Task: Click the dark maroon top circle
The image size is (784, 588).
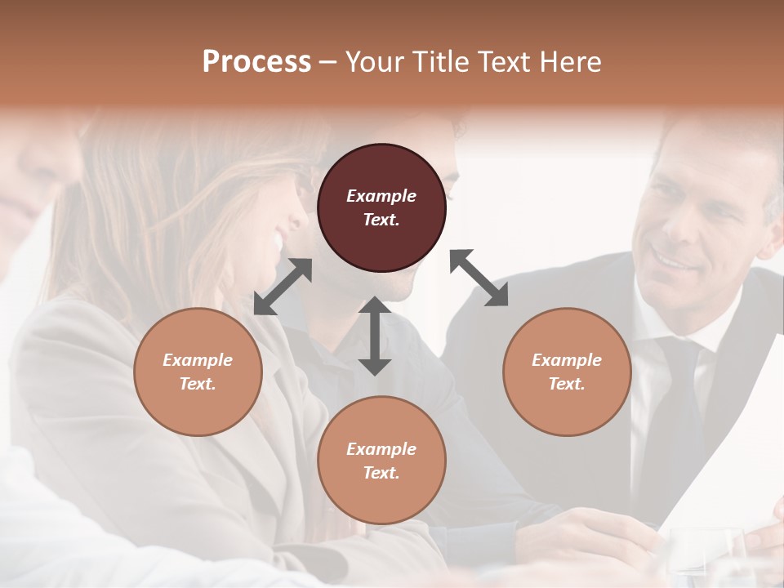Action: pyautogui.click(x=381, y=208)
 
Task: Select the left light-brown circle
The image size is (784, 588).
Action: pyautogui.click(x=198, y=372)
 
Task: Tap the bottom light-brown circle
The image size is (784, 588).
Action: pyautogui.click(x=381, y=461)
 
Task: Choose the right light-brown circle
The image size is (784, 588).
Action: pyautogui.click(x=567, y=372)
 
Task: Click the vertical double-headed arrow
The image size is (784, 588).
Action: pyautogui.click(x=375, y=336)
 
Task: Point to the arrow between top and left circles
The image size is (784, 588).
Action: pyautogui.click(x=283, y=287)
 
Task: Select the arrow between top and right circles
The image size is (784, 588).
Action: pyautogui.click(x=479, y=278)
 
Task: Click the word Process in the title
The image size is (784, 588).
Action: pyautogui.click(x=256, y=62)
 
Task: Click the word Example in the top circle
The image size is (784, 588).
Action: pyautogui.click(x=381, y=196)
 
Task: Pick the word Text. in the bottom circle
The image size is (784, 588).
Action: pyautogui.click(x=381, y=473)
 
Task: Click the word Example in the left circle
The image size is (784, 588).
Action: pyautogui.click(x=198, y=360)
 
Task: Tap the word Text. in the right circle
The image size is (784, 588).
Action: pyautogui.click(x=567, y=384)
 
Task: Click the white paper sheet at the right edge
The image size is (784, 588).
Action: pyautogui.click(x=727, y=457)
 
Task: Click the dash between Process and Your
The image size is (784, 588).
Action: pyautogui.click(x=327, y=62)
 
